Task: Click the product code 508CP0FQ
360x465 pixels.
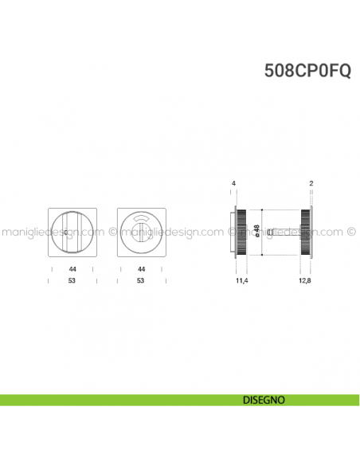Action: pos(307,70)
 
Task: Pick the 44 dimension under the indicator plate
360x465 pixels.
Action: pos(140,270)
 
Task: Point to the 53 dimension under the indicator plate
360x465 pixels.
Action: pos(140,281)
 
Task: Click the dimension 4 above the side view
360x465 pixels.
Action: pos(233,184)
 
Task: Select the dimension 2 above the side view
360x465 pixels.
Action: pos(310,184)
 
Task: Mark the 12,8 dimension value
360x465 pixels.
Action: pos(303,281)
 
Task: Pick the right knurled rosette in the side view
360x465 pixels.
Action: pos(304,232)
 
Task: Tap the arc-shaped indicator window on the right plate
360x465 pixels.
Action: pos(140,217)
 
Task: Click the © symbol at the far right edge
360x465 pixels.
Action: pos(351,233)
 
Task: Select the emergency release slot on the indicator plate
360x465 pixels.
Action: pos(141,233)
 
